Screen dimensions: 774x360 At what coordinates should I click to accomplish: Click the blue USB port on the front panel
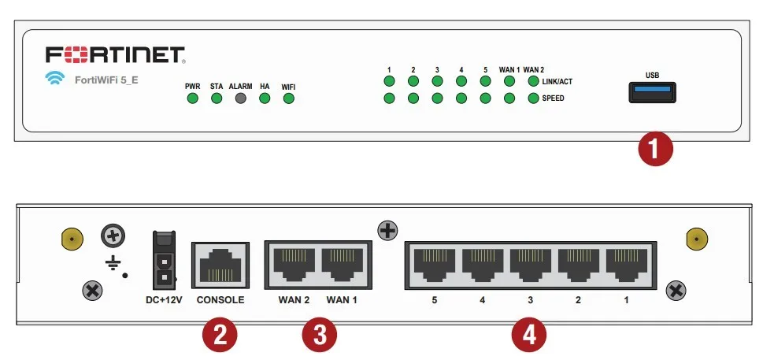(x=652, y=92)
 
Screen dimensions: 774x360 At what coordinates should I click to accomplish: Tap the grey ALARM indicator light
(x=240, y=98)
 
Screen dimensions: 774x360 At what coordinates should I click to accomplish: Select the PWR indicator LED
(x=192, y=98)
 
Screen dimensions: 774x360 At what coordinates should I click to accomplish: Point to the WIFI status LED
(x=289, y=98)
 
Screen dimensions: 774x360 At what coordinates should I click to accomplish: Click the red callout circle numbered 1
(x=655, y=149)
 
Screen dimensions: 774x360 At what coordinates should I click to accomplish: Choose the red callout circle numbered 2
(x=220, y=336)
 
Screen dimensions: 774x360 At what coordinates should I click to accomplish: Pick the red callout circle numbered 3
(x=320, y=336)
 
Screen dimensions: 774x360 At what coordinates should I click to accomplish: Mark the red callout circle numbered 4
(x=528, y=336)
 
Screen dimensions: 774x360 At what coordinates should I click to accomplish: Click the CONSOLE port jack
(x=220, y=265)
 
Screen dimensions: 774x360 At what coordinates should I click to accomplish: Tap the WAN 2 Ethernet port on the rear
(x=294, y=265)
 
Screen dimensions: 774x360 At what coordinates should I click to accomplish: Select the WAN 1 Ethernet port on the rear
(x=342, y=265)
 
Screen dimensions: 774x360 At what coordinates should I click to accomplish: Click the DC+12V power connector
(x=165, y=260)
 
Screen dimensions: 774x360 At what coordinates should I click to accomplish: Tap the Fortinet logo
(x=116, y=55)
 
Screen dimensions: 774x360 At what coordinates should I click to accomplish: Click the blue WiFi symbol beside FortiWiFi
(x=55, y=78)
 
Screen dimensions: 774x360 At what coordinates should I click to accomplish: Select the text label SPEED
(x=553, y=98)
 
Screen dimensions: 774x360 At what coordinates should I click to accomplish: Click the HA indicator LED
(x=265, y=98)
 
